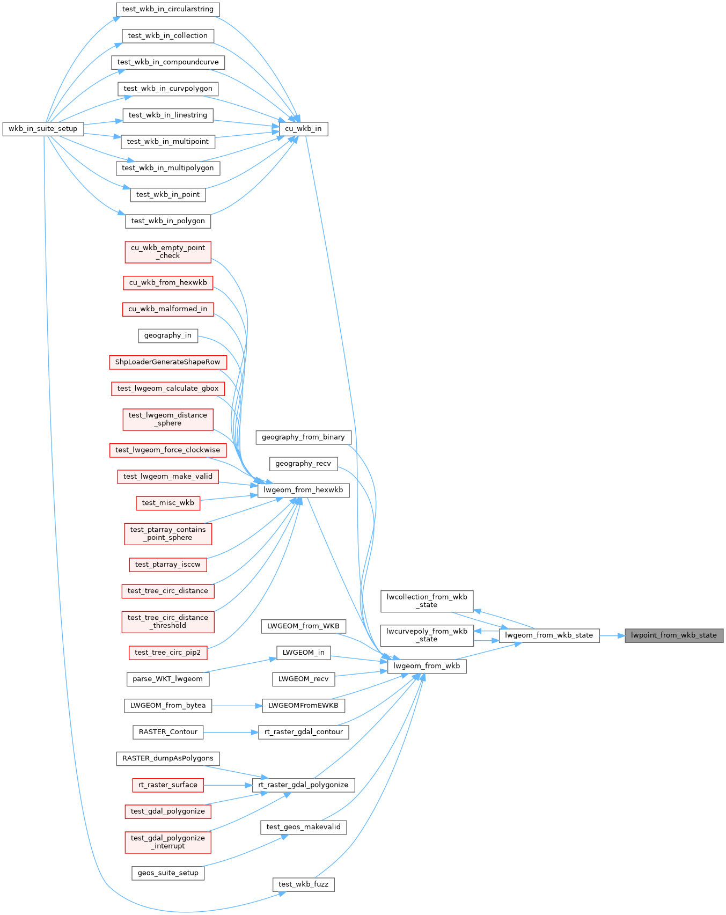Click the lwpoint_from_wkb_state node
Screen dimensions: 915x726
(673, 635)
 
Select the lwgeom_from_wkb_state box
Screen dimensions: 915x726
(549, 635)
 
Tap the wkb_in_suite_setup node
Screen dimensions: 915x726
(43, 129)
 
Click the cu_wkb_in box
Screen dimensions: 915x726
(303, 129)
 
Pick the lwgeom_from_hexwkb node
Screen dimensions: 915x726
(303, 490)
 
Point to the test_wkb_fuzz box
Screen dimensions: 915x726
(303, 884)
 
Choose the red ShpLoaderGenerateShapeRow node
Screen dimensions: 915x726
(167, 362)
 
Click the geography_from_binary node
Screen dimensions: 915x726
(303, 437)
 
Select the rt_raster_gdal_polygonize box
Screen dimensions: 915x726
(303, 785)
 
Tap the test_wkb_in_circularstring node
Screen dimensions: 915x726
(167, 9)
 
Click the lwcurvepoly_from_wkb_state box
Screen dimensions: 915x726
(427, 635)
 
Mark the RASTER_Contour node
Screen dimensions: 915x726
(167, 732)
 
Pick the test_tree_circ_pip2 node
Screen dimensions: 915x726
(167, 653)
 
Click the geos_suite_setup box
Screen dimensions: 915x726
(167, 873)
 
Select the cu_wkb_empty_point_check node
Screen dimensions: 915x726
(167, 252)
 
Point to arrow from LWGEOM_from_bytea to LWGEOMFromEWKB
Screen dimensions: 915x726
(237, 706)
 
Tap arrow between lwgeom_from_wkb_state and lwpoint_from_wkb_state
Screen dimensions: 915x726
(612, 636)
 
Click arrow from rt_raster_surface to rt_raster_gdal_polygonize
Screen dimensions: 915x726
(228, 785)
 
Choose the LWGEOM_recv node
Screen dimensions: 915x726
(303, 679)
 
